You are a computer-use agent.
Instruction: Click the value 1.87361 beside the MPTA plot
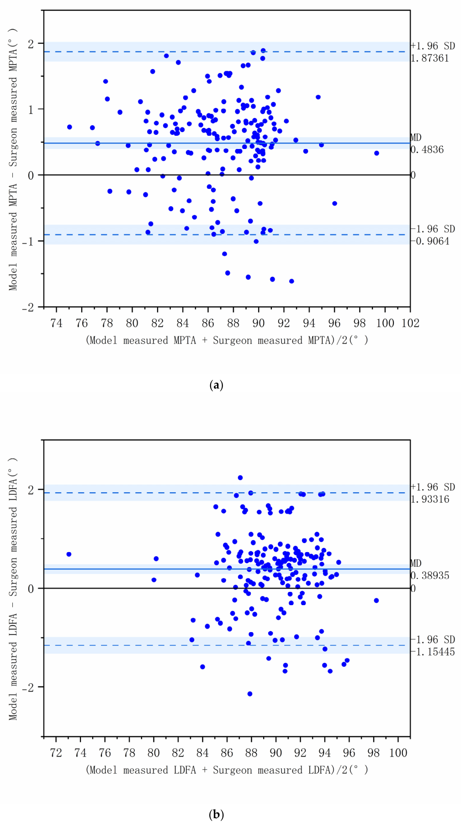pyautogui.click(x=429, y=58)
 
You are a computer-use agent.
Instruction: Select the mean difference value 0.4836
pyautogui.click(x=427, y=149)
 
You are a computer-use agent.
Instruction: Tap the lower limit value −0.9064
pyautogui.click(x=429, y=241)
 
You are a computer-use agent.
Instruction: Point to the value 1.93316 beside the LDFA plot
pyautogui.click(x=430, y=499)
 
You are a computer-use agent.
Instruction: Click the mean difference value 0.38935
pyautogui.click(x=430, y=575)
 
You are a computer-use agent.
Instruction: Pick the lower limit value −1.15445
pyautogui.click(x=432, y=652)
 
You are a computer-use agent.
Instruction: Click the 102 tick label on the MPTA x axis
pyautogui.click(x=410, y=323)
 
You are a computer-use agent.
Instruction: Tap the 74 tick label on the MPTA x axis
pyautogui.click(x=56, y=323)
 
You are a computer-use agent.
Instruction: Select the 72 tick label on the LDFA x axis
pyautogui.click(x=56, y=753)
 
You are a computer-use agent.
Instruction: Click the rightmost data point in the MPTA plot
pyautogui.click(x=376, y=153)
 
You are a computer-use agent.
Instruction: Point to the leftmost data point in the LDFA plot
pyautogui.click(x=69, y=554)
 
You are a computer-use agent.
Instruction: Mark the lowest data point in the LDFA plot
pyautogui.click(x=250, y=694)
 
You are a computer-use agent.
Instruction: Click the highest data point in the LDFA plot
pyautogui.click(x=240, y=478)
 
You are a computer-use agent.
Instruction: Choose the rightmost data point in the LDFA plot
pyautogui.click(x=376, y=601)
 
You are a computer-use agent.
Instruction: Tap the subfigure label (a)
pyautogui.click(x=216, y=385)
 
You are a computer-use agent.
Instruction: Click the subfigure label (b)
pyautogui.click(x=216, y=814)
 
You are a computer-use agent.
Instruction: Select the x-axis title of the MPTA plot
pyautogui.click(x=227, y=341)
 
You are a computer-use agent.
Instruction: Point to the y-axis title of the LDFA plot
pyautogui.click(x=13, y=589)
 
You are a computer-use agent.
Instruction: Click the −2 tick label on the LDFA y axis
pyautogui.click(x=28, y=687)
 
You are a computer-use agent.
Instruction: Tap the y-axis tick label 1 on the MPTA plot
pyautogui.click(x=31, y=109)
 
